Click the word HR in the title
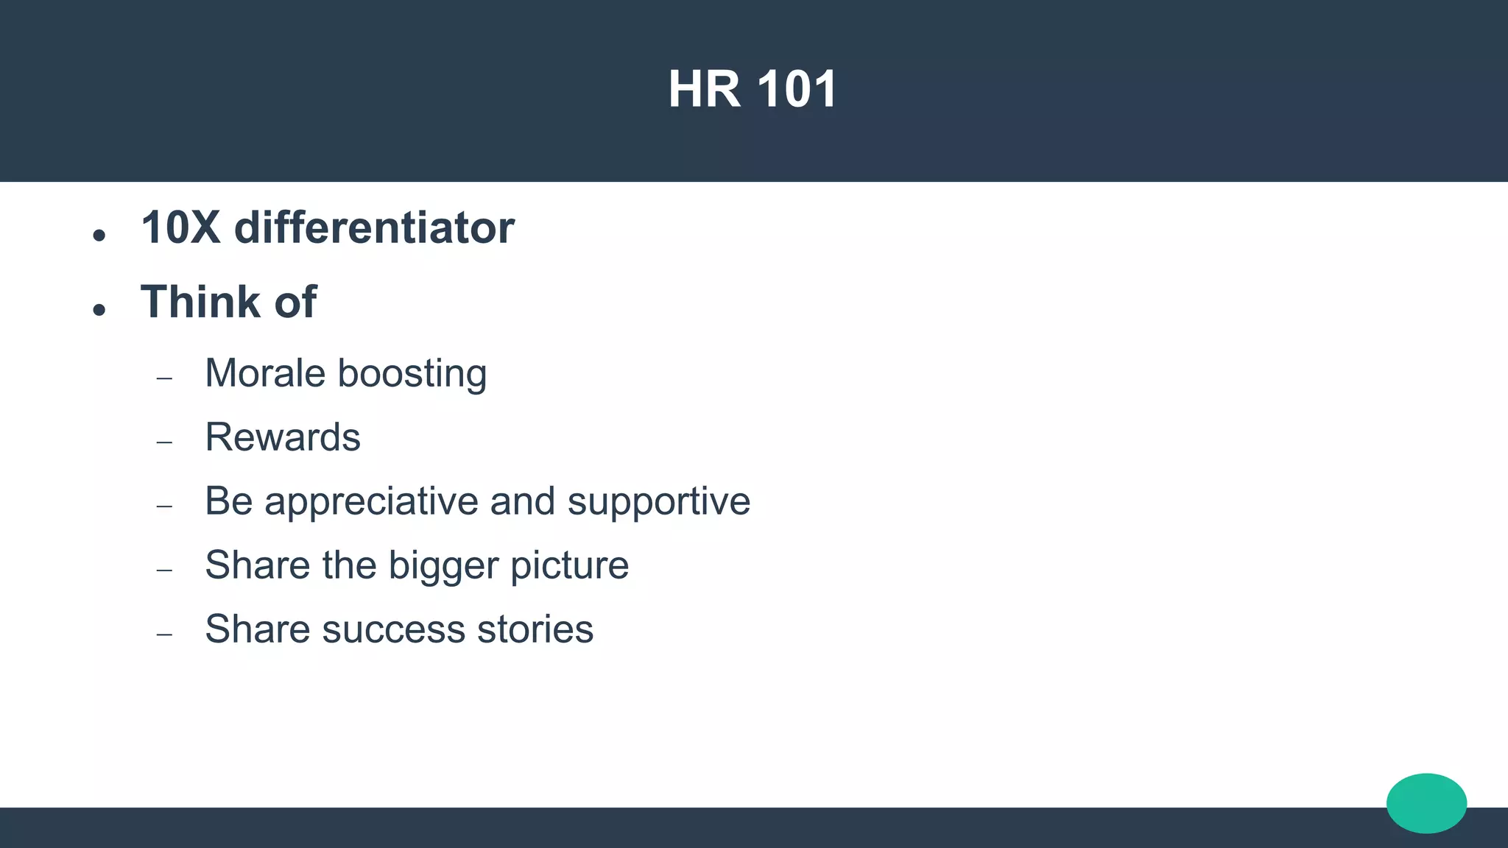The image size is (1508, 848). [x=704, y=90]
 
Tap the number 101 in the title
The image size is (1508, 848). [x=797, y=90]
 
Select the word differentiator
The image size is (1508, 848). [x=374, y=227]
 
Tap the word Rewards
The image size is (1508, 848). [x=283, y=437]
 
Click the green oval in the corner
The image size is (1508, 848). [x=1426, y=803]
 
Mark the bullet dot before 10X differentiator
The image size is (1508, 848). [x=99, y=236]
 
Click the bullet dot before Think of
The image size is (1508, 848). [x=99, y=310]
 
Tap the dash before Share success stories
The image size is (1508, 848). [x=164, y=635]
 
